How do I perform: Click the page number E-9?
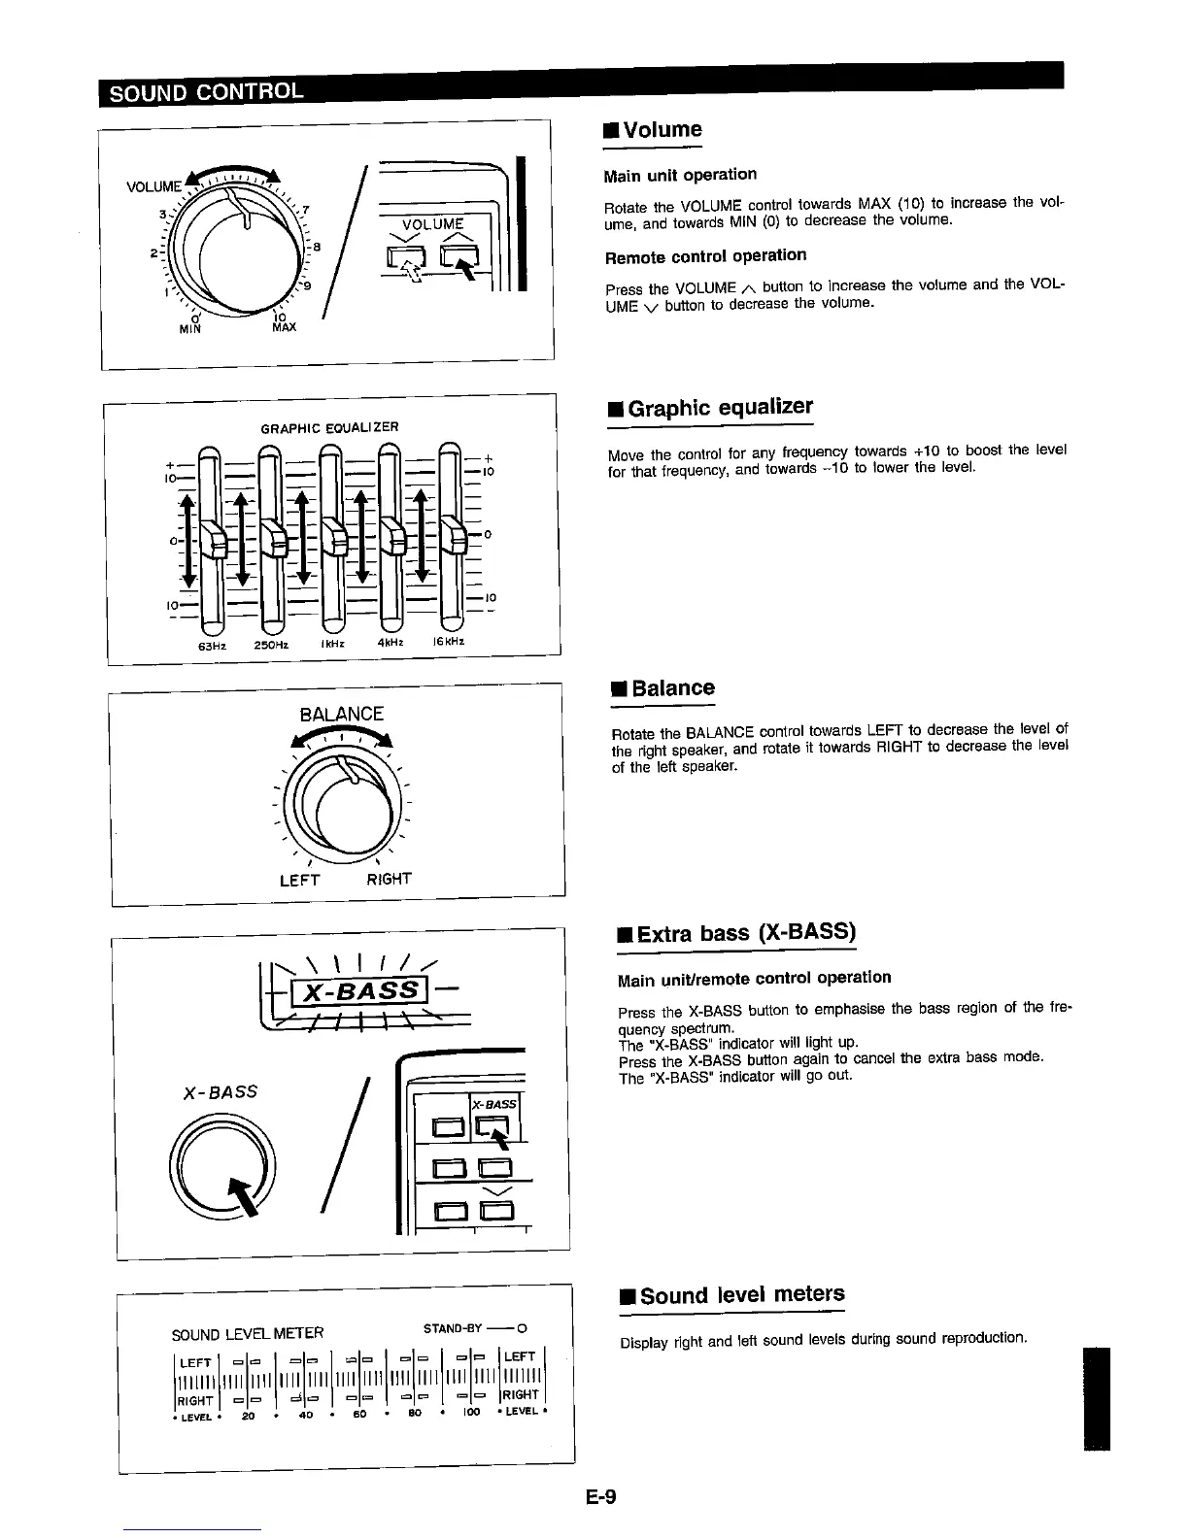(601, 1497)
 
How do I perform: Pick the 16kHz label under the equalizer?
(448, 642)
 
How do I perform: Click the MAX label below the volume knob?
(284, 327)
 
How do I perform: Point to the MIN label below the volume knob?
(190, 328)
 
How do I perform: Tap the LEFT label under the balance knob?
(299, 880)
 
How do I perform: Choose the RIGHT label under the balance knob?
(389, 879)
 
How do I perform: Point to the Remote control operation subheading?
(705, 256)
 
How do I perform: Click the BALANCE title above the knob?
(341, 715)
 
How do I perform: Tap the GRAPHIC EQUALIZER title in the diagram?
(330, 427)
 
